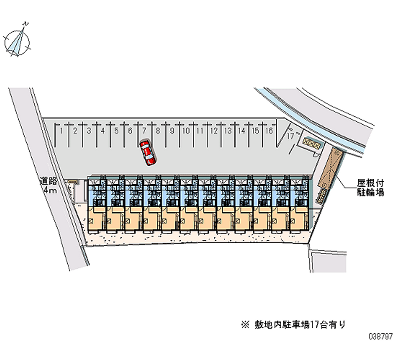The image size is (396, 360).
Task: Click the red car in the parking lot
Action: [x=147, y=152]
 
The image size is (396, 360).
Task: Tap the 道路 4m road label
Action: [x=49, y=186]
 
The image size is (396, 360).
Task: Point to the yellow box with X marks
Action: [x=309, y=142]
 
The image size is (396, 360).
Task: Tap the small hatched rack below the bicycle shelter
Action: [x=322, y=195]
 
